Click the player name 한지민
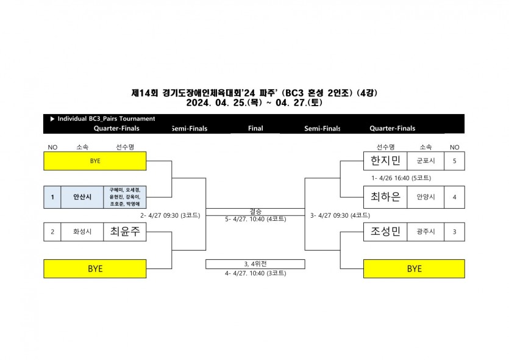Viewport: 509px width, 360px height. (386, 161)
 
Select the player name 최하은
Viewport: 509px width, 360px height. (386, 197)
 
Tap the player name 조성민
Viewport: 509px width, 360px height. (386, 232)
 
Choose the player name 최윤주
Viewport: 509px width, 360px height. (125, 232)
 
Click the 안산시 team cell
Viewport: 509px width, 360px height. (82, 197)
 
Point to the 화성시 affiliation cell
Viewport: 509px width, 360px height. (82, 232)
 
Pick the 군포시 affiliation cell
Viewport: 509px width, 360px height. (425, 161)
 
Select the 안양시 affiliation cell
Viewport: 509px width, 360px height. (425, 197)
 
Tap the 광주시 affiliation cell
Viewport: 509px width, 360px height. (425, 232)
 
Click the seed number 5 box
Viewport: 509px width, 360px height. (454, 161)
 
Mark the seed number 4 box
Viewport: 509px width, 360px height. (454, 197)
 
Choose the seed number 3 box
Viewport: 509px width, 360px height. (454, 232)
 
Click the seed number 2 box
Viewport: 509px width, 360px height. (52, 232)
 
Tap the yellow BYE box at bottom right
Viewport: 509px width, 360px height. (414, 268)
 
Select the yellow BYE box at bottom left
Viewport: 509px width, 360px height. (95, 268)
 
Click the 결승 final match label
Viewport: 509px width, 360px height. (255, 211)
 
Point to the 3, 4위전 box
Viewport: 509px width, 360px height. (255, 264)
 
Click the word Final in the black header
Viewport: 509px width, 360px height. (255, 129)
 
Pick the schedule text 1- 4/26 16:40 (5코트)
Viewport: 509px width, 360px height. (401, 179)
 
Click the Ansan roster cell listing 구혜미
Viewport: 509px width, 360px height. (125, 197)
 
